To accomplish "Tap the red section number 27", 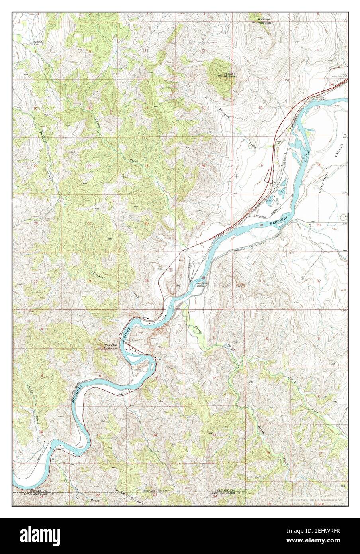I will click(90, 223).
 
